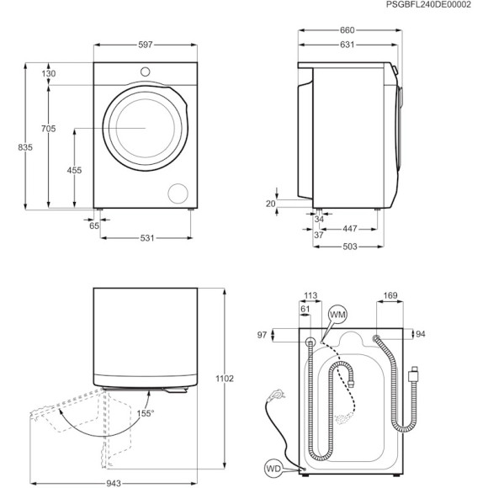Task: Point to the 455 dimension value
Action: (x=74, y=170)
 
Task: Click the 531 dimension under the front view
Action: (x=146, y=238)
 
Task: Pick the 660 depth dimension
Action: (x=347, y=31)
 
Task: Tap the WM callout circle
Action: (x=337, y=314)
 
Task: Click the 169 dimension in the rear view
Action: (x=390, y=295)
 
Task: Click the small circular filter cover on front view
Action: (x=178, y=192)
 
